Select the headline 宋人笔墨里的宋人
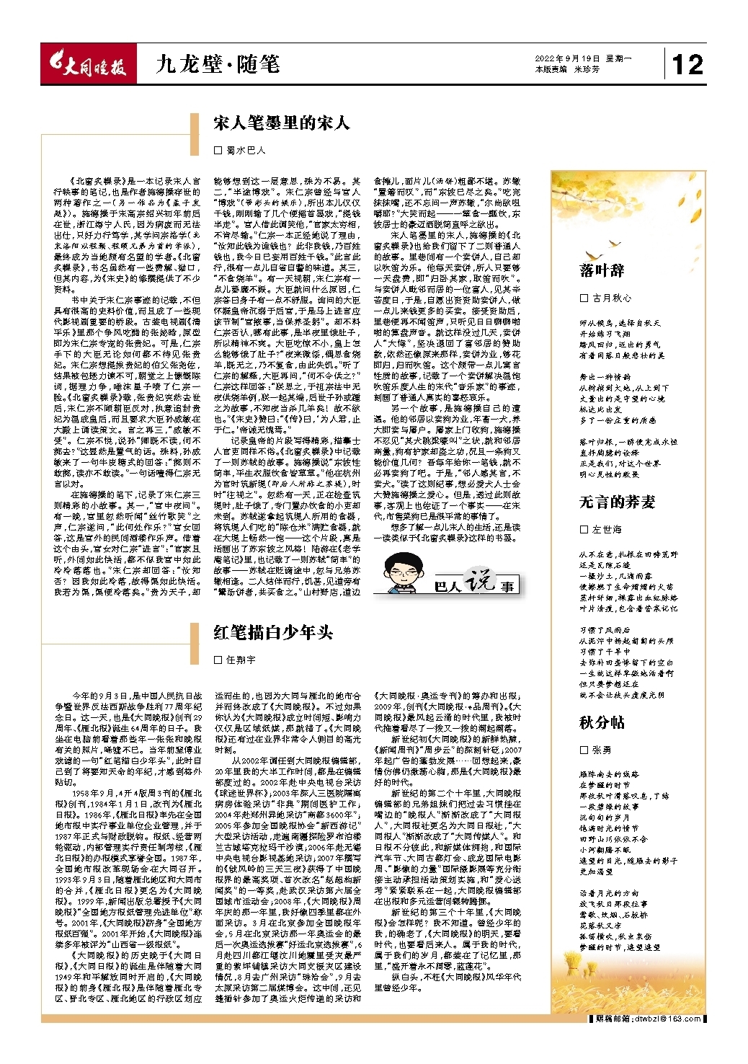coord(281,123)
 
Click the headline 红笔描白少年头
coord(273,632)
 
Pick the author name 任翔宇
coord(241,660)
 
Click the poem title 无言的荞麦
coord(618,502)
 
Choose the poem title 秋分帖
coord(602,722)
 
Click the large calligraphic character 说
coord(478,580)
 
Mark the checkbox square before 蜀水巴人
coord(218,151)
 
